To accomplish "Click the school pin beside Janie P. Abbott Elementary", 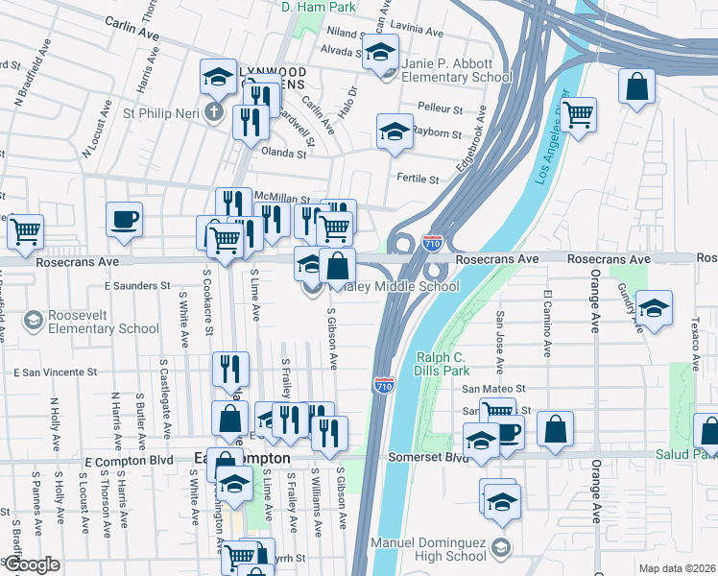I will [x=382, y=53].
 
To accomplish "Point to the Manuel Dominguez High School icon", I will [x=499, y=547].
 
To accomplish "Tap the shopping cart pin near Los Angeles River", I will [x=578, y=115].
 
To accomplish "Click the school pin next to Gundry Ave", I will [x=654, y=308].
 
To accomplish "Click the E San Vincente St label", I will [x=55, y=372].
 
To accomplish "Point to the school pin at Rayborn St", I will [x=394, y=132].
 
